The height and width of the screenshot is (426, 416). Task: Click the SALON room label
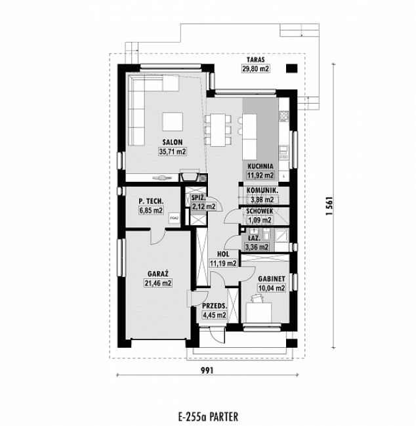tap(172, 142)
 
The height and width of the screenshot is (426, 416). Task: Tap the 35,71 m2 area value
tap(172, 152)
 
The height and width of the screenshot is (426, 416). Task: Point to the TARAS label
tap(255, 59)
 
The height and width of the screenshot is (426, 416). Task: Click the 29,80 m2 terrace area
tap(255, 68)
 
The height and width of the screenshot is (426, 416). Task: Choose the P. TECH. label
tap(150, 201)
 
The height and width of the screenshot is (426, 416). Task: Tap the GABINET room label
tap(270, 278)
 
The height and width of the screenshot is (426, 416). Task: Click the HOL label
tap(222, 253)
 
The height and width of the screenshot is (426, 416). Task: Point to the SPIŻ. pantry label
tap(199, 198)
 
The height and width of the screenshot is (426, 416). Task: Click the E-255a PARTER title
tap(207, 415)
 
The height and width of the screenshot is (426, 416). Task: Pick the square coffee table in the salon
tap(173, 122)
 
